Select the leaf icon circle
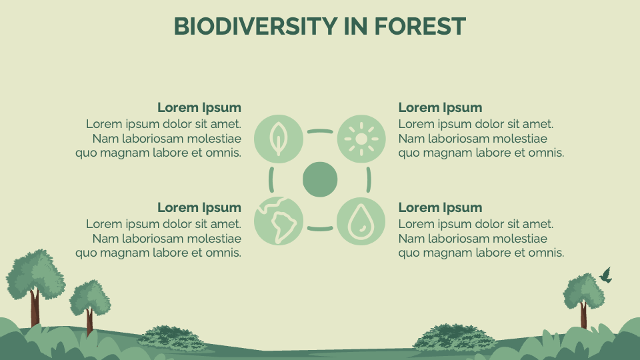(279, 139)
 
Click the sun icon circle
(361, 139)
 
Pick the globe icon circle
(279, 221)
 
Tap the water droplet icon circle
(361, 221)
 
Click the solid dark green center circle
(320, 179)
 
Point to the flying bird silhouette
(606, 275)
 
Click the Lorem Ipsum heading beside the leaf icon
(199, 107)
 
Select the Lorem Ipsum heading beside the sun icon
(440, 107)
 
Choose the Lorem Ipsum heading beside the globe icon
(199, 207)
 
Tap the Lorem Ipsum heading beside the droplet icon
(440, 207)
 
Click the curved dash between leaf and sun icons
(320, 131)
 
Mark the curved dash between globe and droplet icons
(320, 229)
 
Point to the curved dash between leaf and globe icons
(271, 179)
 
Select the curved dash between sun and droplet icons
(369, 179)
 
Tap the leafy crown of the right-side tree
(583, 290)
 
